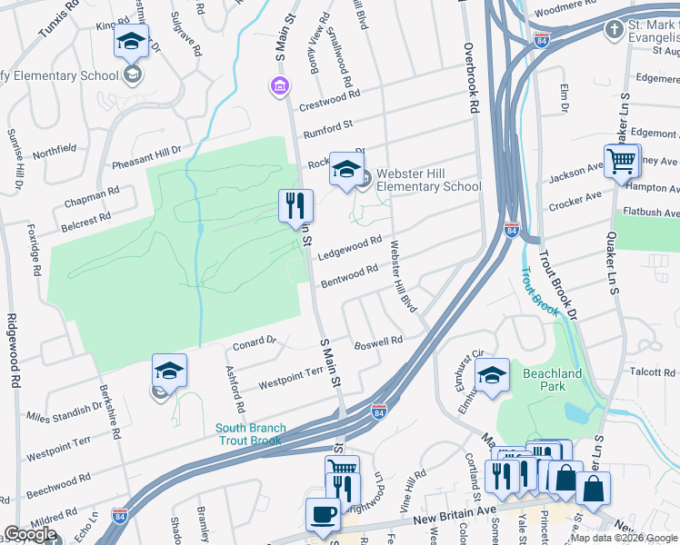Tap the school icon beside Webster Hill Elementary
pyautogui.click(x=346, y=169)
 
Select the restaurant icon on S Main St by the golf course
pyautogui.click(x=295, y=206)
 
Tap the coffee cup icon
pyautogui.click(x=323, y=514)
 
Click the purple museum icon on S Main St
pyautogui.click(x=280, y=86)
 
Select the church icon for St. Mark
pyautogui.click(x=615, y=29)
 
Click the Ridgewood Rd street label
pyautogui.click(x=15, y=351)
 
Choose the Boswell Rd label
pyautogui.click(x=378, y=342)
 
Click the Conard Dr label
pyautogui.click(x=254, y=342)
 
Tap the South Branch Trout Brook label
pyautogui.click(x=250, y=434)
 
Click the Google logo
pyautogui.click(x=30, y=534)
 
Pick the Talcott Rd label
pyautogui.click(x=653, y=372)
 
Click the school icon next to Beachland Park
pyautogui.click(x=492, y=374)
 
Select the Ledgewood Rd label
pyautogui.click(x=350, y=247)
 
